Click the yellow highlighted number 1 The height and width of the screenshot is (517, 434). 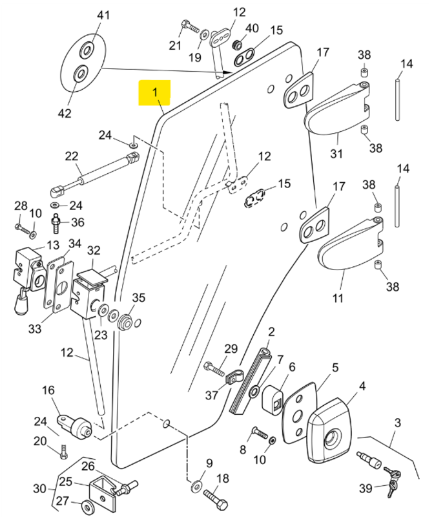coord(154,93)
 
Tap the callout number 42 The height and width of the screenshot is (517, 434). coord(65,113)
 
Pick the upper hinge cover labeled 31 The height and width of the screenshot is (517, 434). coord(336,110)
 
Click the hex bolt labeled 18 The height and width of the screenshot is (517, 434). coord(215,498)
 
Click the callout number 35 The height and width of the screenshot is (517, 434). coord(139,298)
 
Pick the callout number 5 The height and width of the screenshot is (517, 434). coord(335,368)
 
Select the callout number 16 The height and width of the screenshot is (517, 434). coord(49,391)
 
